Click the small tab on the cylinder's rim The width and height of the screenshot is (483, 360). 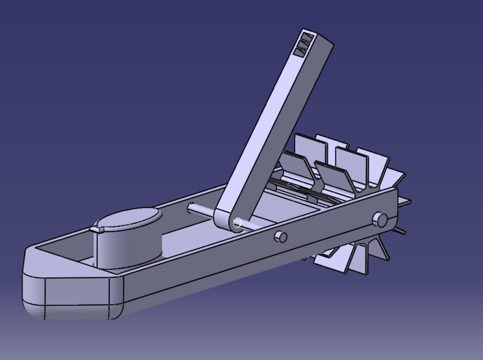coord(97,229)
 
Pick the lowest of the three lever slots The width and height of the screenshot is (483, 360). coord(299,53)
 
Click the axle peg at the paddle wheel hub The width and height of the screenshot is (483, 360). coord(380,218)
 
